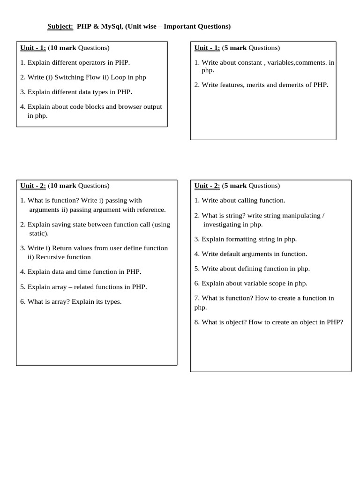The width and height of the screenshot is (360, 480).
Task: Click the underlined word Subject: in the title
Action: click(60, 27)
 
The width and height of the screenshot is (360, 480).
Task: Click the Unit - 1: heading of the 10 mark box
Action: click(33, 48)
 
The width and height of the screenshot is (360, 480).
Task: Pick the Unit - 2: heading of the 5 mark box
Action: click(207, 186)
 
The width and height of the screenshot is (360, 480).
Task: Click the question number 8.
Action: click(196, 322)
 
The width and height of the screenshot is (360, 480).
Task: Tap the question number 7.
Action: click(196, 298)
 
